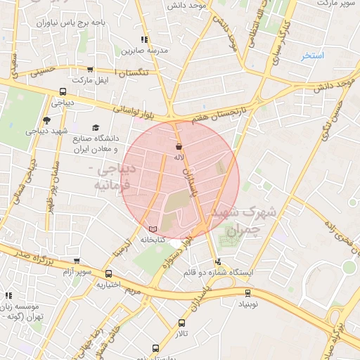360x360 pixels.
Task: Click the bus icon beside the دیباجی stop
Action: pos(63,91)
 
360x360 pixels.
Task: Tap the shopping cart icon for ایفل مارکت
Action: pos(90,70)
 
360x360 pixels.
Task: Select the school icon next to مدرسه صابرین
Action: pos(144,40)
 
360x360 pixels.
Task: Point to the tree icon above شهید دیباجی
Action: pos(46,120)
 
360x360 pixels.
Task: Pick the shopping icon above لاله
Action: pos(179,146)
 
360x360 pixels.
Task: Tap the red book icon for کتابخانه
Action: pos(153,229)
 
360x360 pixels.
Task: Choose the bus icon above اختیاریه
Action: pos(108,274)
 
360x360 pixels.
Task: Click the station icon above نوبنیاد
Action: pos(247,292)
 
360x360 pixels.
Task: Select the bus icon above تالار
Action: pos(182,323)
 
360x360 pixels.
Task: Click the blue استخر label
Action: pos(311,55)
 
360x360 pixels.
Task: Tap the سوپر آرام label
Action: pos(77,271)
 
